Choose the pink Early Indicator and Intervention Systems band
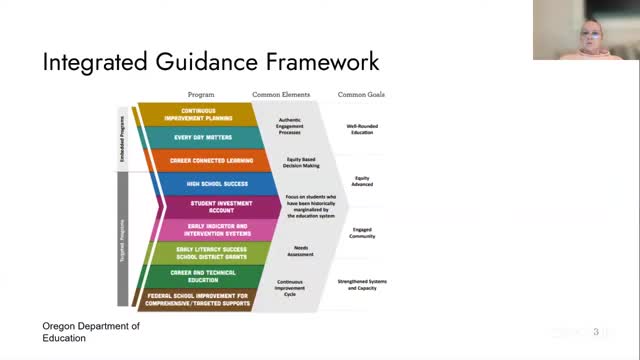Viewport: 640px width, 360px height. pyautogui.click(x=199, y=230)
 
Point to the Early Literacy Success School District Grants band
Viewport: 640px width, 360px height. pyautogui.click(x=199, y=253)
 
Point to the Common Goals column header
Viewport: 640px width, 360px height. pyautogui.click(x=361, y=94)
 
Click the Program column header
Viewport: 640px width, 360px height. pyautogui.click(x=200, y=94)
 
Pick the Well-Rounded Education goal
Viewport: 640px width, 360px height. pyautogui.click(x=362, y=129)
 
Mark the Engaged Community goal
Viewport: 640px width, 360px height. pyautogui.click(x=362, y=233)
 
